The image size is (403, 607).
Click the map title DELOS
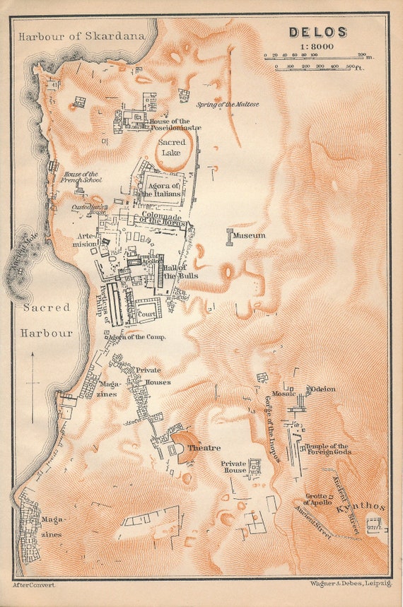click(x=317, y=32)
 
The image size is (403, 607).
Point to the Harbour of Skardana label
click(x=82, y=35)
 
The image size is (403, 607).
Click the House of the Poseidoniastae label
click(x=175, y=124)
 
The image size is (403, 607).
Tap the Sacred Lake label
click(x=172, y=147)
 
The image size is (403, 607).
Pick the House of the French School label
click(x=82, y=177)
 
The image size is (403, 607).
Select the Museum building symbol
click(x=230, y=237)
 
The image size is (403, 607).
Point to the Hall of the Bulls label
click(x=173, y=271)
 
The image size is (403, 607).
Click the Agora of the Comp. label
click(x=137, y=337)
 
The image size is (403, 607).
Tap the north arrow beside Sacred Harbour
click(x=32, y=382)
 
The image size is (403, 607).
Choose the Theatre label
click(x=204, y=448)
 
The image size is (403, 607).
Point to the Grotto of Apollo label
click(x=319, y=499)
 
